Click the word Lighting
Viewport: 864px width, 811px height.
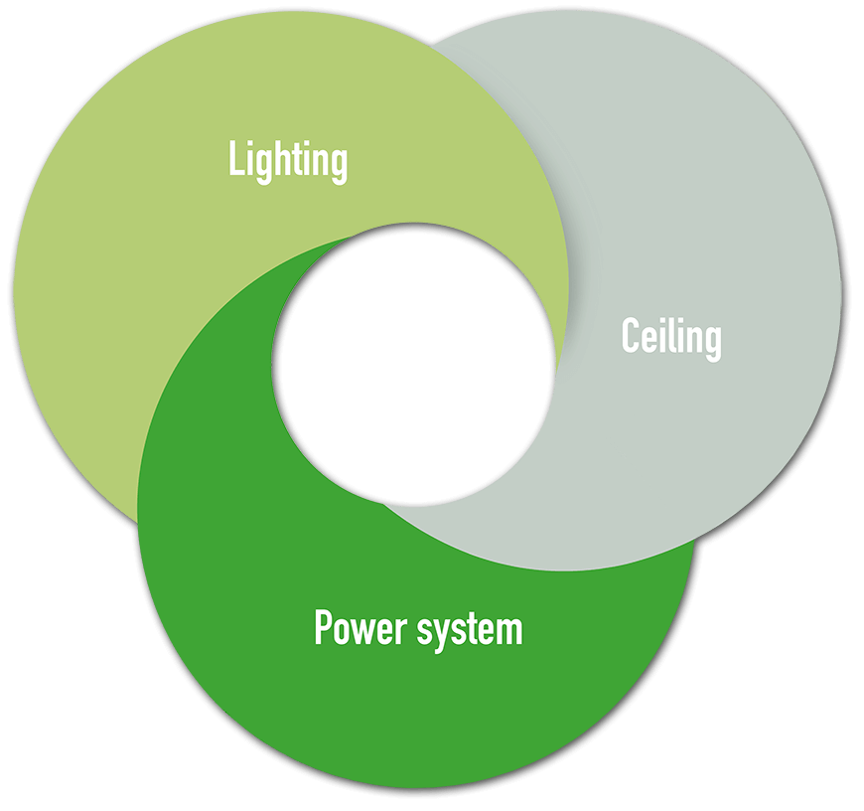click(288, 160)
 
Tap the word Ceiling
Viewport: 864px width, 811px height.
click(671, 338)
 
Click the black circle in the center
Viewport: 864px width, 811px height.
click(413, 364)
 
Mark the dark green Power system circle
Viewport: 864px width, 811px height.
click(417, 716)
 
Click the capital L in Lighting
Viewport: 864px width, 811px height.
click(235, 160)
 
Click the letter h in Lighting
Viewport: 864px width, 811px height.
click(286, 159)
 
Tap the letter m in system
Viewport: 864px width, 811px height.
click(508, 631)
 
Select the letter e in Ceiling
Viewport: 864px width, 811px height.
click(648, 341)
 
